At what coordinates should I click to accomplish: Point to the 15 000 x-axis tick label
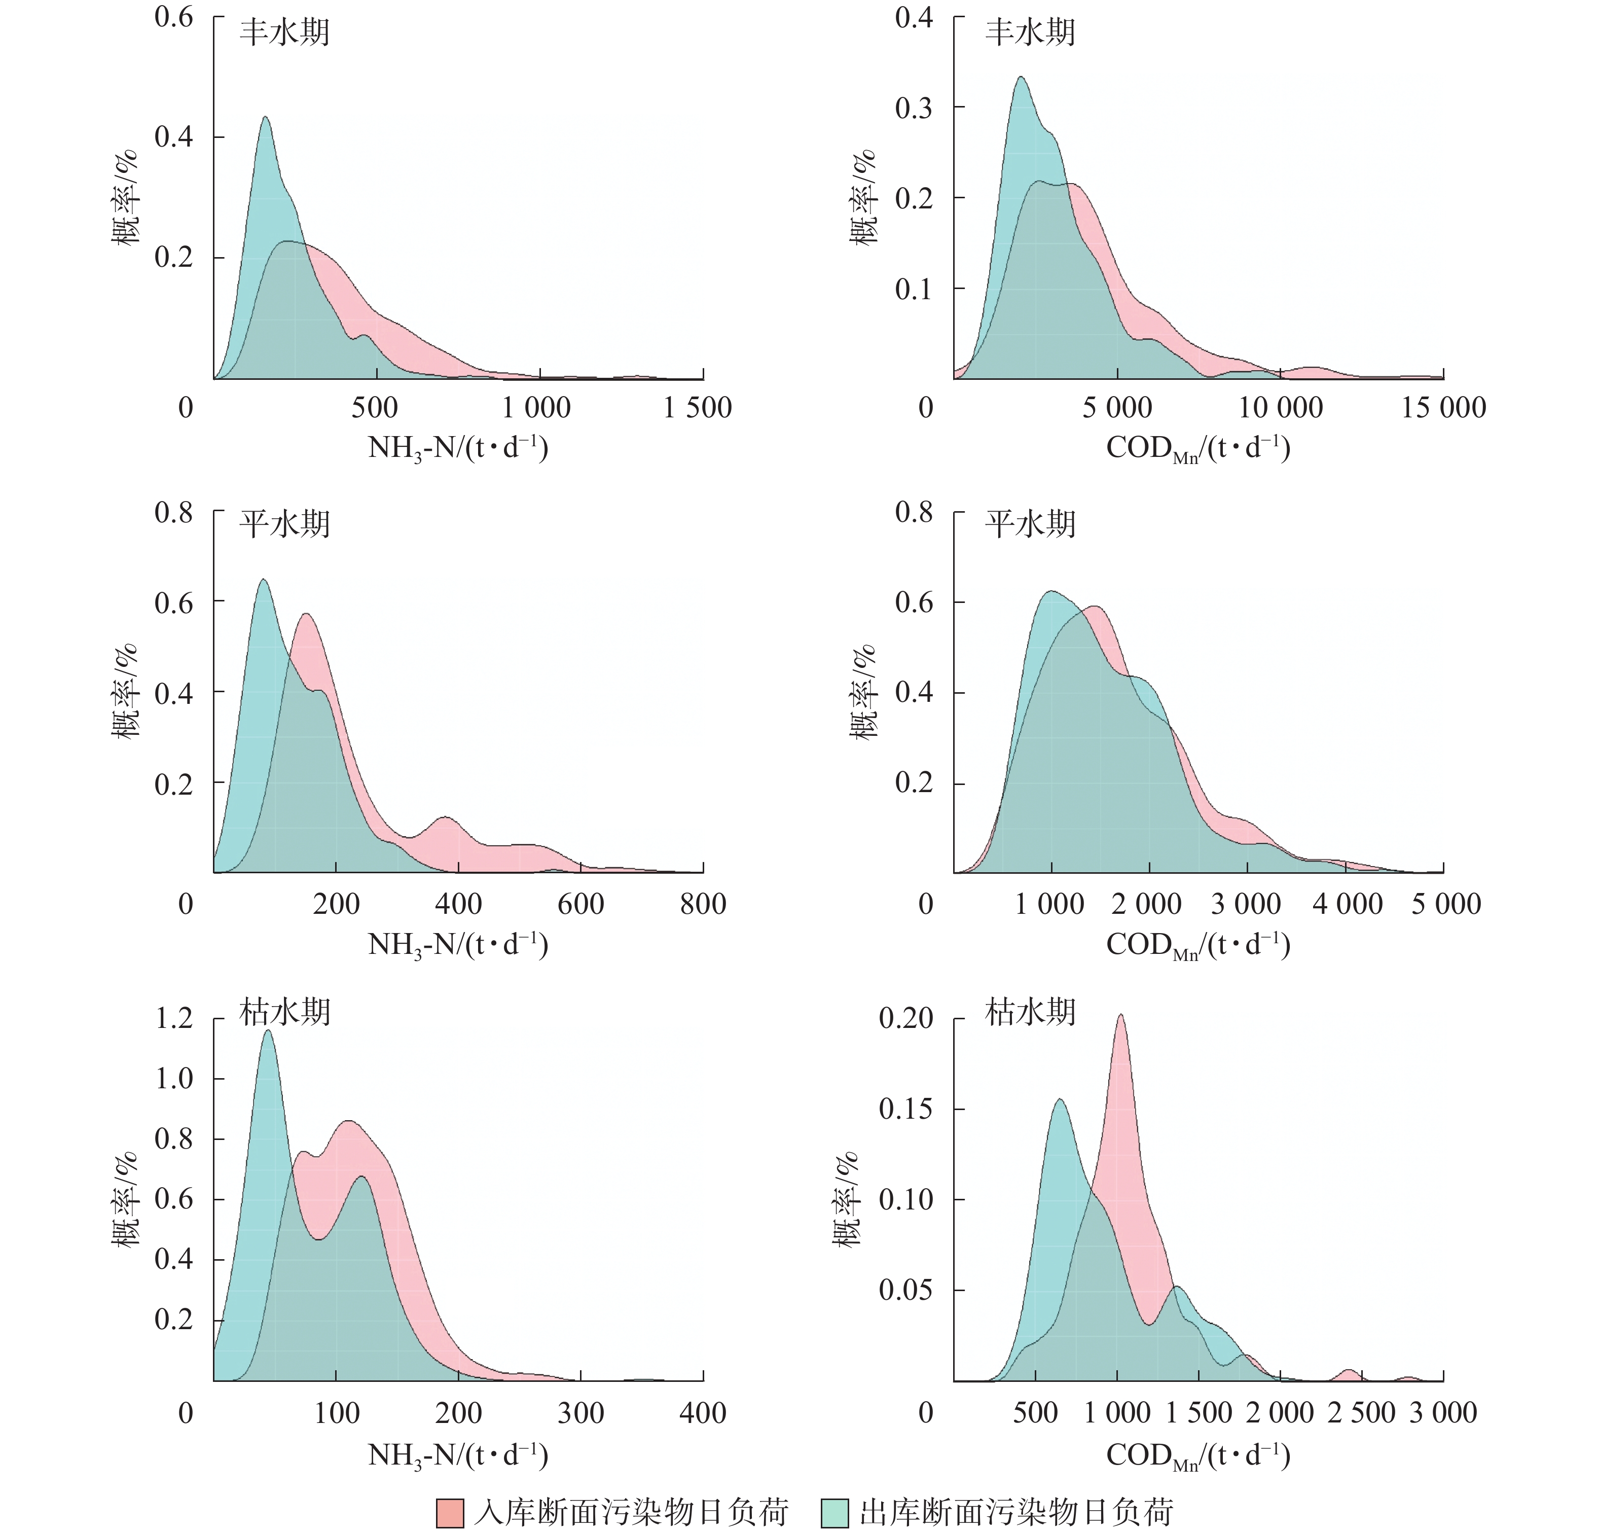[1443, 407]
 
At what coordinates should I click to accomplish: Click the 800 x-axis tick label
[702, 904]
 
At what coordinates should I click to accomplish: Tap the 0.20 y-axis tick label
[905, 1018]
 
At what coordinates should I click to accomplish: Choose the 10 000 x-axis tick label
[1280, 407]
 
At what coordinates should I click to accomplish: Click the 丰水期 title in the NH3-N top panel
[284, 32]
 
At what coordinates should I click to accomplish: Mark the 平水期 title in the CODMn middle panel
[1030, 524]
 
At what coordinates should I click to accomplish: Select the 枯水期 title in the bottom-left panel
[284, 1012]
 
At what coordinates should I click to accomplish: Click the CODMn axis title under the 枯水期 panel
[1197, 1455]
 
